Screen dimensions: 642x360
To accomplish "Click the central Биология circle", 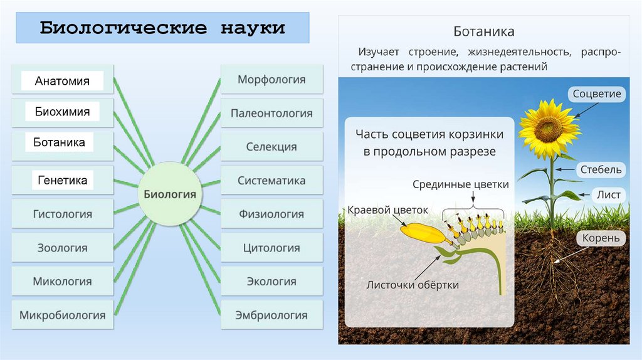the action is [170, 194].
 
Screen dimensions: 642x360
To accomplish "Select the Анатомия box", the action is [62, 81].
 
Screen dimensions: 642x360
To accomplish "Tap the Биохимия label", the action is [62, 112].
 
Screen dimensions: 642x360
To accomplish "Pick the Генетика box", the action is [62, 181].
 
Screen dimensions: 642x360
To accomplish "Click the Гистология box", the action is [62, 214].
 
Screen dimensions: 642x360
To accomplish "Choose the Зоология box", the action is [62, 248].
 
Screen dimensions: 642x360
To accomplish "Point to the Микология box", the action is [62, 282].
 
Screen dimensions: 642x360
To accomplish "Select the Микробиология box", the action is [62, 315].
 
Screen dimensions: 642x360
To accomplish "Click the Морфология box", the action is [271, 80].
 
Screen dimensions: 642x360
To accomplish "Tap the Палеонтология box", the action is [271, 114].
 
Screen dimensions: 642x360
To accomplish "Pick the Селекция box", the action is [271, 147].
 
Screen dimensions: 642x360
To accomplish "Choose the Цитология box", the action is [271, 248].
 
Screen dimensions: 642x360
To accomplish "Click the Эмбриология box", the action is [271, 315].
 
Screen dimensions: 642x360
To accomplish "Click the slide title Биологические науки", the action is [162, 28].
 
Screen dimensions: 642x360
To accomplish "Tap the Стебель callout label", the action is [600, 169].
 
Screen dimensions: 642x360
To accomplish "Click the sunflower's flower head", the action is [548, 127].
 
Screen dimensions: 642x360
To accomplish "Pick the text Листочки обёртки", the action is [413, 285].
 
